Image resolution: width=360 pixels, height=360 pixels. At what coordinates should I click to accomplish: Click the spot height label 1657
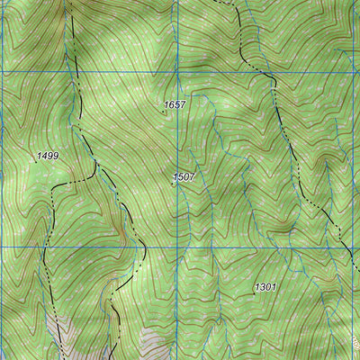click(175, 105)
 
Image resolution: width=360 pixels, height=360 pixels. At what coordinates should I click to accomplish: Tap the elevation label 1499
click(48, 156)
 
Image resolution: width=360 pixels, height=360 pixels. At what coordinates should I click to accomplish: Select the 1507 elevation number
click(184, 177)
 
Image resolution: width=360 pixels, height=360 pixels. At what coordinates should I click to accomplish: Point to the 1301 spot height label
click(265, 287)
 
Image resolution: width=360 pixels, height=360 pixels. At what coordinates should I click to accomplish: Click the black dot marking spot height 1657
click(163, 112)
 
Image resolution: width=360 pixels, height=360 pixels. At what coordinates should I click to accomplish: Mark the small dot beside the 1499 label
click(34, 161)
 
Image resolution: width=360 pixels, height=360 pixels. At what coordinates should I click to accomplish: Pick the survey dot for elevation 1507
click(173, 184)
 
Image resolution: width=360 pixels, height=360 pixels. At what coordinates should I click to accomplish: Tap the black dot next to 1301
click(254, 292)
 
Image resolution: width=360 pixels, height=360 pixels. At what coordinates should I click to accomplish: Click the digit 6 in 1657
click(172, 105)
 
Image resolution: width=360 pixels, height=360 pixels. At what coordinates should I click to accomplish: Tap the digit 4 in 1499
click(43, 156)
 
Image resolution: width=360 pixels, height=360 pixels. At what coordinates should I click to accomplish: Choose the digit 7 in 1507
click(192, 177)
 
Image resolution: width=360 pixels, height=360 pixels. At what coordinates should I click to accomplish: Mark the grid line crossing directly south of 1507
click(178, 247)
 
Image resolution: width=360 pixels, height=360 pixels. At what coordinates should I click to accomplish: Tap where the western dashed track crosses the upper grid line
click(74, 72)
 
